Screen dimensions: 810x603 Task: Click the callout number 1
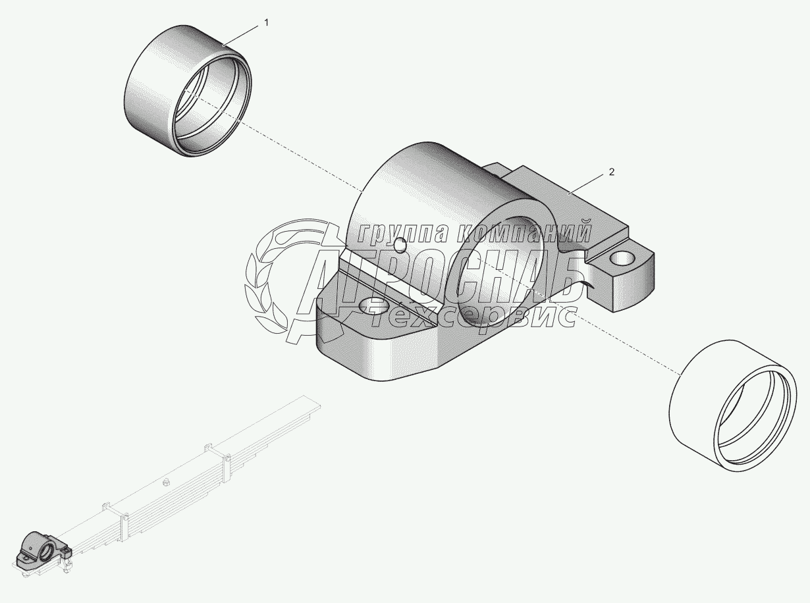click(266, 22)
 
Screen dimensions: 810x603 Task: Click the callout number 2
click(611, 172)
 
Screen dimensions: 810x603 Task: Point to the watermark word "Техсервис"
click(474, 316)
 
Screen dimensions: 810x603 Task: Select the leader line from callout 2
click(589, 182)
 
